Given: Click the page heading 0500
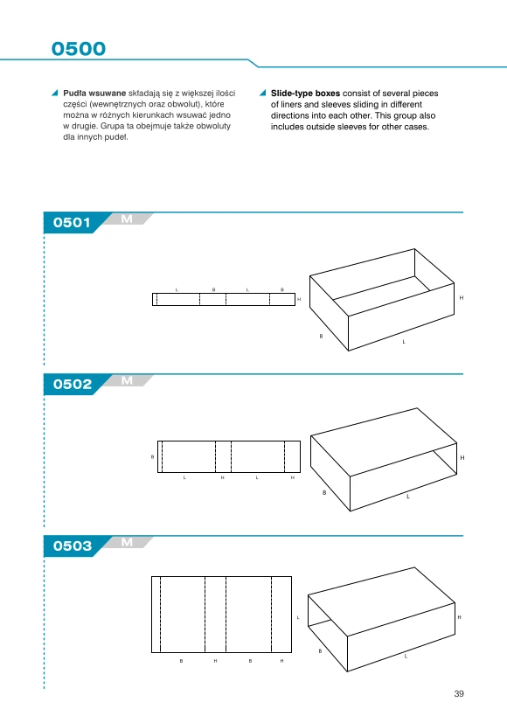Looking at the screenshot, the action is pyautogui.click(x=79, y=48).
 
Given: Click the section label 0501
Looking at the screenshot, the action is pyautogui.click(x=72, y=223).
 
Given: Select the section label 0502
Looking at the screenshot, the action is pyautogui.click(x=73, y=384).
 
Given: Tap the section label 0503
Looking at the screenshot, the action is pyautogui.click(x=73, y=546).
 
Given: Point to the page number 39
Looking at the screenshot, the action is pyautogui.click(x=459, y=693).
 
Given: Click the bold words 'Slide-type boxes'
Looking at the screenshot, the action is pyautogui.click(x=305, y=94).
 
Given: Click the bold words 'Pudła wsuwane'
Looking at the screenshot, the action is pyautogui.click(x=94, y=94).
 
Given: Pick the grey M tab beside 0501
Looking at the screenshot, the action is pyautogui.click(x=127, y=219).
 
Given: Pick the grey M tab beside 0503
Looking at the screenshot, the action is pyautogui.click(x=127, y=542).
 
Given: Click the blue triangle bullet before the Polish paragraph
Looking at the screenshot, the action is pyautogui.click(x=55, y=93).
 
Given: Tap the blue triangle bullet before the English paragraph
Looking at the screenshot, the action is pyautogui.click(x=263, y=93).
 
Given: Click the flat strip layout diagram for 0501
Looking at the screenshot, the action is pyautogui.click(x=224, y=299).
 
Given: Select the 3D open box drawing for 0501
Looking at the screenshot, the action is pyautogui.click(x=382, y=300).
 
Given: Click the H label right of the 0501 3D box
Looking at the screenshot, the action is pyautogui.click(x=462, y=298).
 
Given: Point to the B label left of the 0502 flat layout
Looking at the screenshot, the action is pyautogui.click(x=153, y=457).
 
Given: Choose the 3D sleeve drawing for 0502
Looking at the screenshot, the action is pyautogui.click(x=384, y=459).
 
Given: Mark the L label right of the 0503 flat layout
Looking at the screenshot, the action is pyautogui.click(x=298, y=617).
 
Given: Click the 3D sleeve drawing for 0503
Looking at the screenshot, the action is pyautogui.click(x=382, y=619).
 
